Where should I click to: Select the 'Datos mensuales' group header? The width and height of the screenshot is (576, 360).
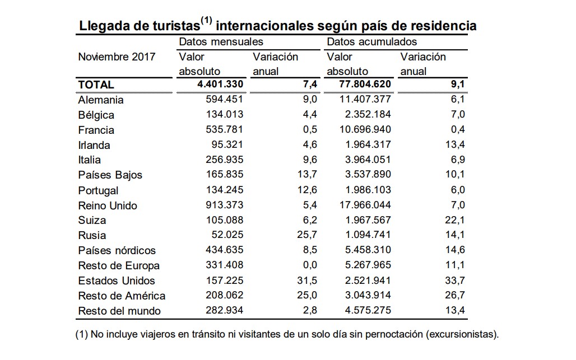221,42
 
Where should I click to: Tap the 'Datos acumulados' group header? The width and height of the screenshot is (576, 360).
371,42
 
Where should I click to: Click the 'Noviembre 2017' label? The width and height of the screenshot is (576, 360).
117,57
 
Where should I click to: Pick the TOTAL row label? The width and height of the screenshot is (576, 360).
96,85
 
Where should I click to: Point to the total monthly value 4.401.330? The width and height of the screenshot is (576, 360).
220,85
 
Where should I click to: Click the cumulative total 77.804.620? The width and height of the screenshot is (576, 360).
365,85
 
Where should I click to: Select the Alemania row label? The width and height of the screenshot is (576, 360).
101,100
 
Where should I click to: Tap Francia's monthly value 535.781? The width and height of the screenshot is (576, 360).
225,129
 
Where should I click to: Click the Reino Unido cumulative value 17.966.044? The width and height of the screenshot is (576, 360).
365,205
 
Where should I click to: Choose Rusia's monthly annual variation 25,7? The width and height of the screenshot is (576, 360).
307,235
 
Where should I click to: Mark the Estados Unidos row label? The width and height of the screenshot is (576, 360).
117,280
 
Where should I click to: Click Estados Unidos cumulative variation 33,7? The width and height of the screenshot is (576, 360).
455,280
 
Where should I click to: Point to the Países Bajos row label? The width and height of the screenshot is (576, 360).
110,175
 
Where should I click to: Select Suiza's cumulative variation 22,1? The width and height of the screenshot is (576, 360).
455,220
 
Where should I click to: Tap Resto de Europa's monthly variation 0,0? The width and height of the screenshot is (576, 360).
310,265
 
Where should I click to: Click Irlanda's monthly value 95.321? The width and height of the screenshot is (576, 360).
227,144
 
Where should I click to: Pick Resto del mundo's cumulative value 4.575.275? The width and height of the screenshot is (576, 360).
368,311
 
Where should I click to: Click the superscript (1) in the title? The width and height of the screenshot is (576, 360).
206,21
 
